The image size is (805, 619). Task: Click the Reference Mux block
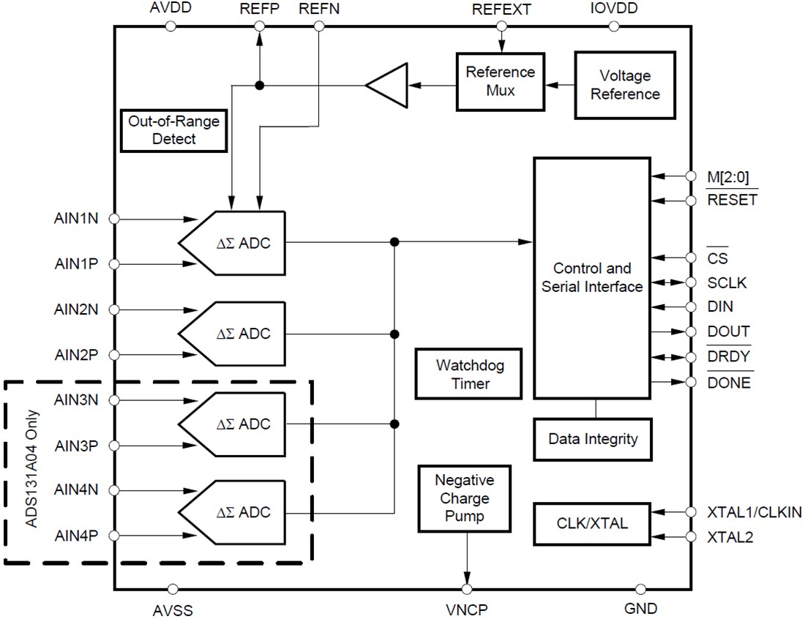coord(501,81)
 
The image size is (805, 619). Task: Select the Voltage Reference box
coord(625,85)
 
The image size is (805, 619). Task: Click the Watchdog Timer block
coord(469,373)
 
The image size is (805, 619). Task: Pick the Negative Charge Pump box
coord(465,498)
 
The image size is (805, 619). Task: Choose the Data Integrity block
coord(593,439)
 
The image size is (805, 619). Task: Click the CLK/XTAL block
coord(592,524)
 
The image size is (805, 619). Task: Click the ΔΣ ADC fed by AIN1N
coord(233,242)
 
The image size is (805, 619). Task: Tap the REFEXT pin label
coord(501,10)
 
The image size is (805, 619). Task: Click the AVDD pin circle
coord(171,26)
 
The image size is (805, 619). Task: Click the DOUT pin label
coord(727,331)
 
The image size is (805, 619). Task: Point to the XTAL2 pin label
coord(730,537)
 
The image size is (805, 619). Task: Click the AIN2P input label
coord(77,355)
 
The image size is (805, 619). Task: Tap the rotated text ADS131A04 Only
coord(30,473)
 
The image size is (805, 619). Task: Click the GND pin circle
coord(640,589)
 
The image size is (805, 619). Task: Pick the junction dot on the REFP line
coord(258,86)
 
